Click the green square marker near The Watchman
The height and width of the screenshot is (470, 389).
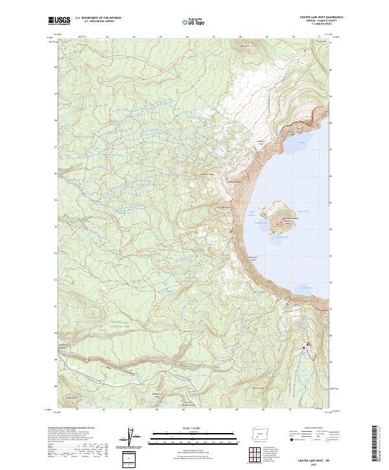[x=231, y=229]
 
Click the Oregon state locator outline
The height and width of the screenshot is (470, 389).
[x=262, y=432]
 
